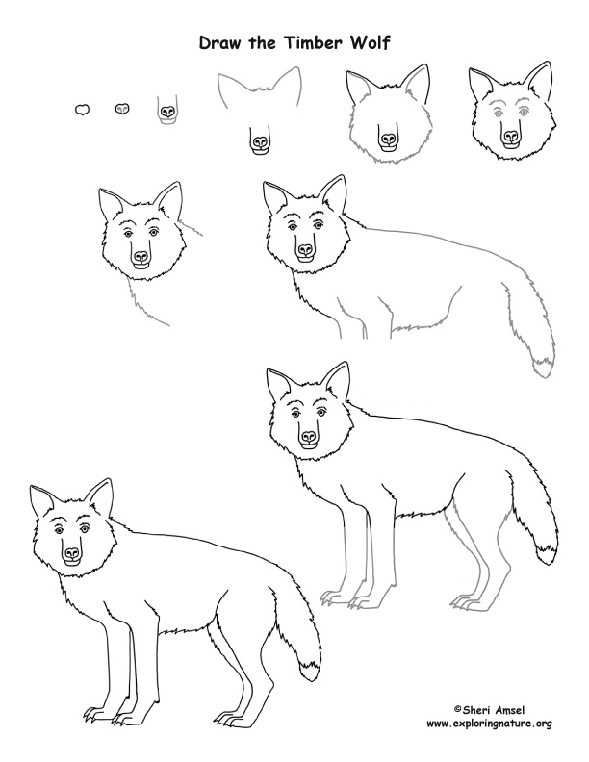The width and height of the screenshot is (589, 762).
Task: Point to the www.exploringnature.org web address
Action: (488, 723)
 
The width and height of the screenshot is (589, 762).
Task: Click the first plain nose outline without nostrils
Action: (83, 110)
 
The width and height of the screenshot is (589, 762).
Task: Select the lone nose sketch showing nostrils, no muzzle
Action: (122, 110)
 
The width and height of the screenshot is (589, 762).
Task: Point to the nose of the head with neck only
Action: (141, 258)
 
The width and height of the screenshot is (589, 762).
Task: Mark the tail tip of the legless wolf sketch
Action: (545, 362)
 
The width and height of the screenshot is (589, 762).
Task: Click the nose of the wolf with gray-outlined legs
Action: (309, 436)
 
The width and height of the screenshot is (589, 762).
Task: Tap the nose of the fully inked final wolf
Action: (72, 553)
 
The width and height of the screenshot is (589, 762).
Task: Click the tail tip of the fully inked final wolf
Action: (311, 670)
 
